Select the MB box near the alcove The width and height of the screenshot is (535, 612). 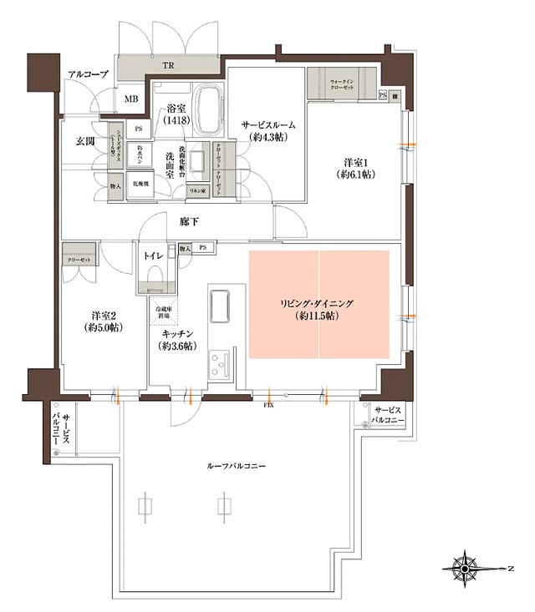tap(131, 100)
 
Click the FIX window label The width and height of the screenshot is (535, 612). tap(268, 407)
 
